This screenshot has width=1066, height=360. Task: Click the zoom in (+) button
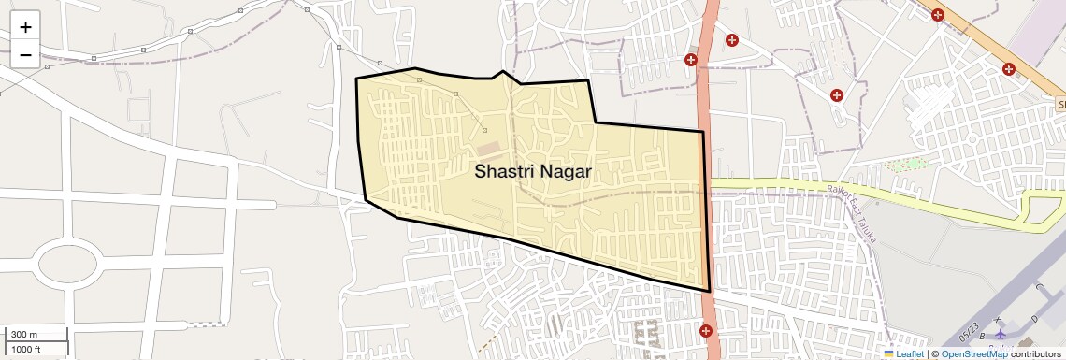[25, 27]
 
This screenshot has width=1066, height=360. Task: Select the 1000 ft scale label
[26, 350]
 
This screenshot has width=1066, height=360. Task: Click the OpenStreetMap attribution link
[973, 354]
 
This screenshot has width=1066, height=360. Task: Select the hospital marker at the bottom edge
[705, 331]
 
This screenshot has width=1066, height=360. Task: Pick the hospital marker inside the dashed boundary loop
[837, 94]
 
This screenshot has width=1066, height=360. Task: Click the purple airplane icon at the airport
[1000, 334]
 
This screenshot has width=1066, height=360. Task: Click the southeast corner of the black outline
[710, 291]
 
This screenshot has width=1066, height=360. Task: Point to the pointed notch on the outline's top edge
[503, 71]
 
